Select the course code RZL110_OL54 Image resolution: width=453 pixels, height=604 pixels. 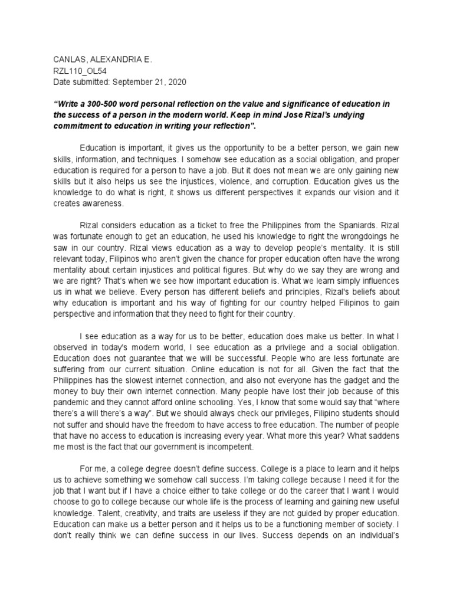coord(80,71)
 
